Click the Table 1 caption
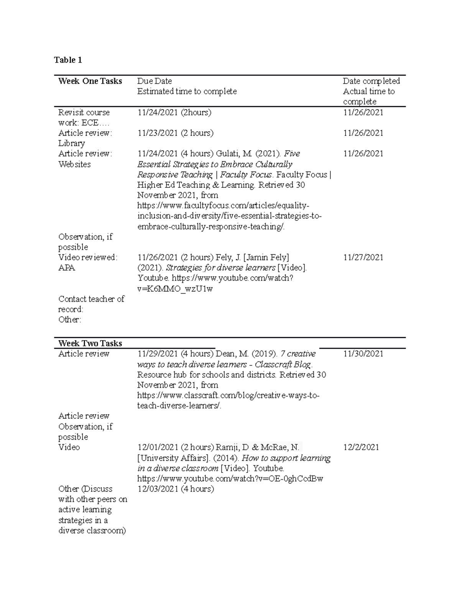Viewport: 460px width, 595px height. click(x=68, y=60)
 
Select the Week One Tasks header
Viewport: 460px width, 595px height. click(x=90, y=81)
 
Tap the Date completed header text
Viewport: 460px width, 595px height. click(x=371, y=81)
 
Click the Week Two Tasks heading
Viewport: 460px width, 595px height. click(x=90, y=343)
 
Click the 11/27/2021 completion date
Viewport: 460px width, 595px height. click(x=363, y=257)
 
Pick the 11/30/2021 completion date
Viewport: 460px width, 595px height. click(x=363, y=354)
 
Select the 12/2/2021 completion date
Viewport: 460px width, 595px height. click(x=361, y=447)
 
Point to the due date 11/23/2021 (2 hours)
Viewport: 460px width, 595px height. click(x=176, y=133)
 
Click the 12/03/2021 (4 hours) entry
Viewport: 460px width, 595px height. click(x=176, y=489)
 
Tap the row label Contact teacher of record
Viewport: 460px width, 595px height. click(x=91, y=304)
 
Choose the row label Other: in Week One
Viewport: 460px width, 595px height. click(x=70, y=320)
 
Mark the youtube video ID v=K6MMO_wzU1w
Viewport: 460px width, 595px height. click(x=175, y=288)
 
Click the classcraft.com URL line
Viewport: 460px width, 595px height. click(x=228, y=395)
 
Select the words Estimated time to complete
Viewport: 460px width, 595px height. click(x=187, y=92)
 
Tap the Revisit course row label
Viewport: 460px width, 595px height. click(x=84, y=113)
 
